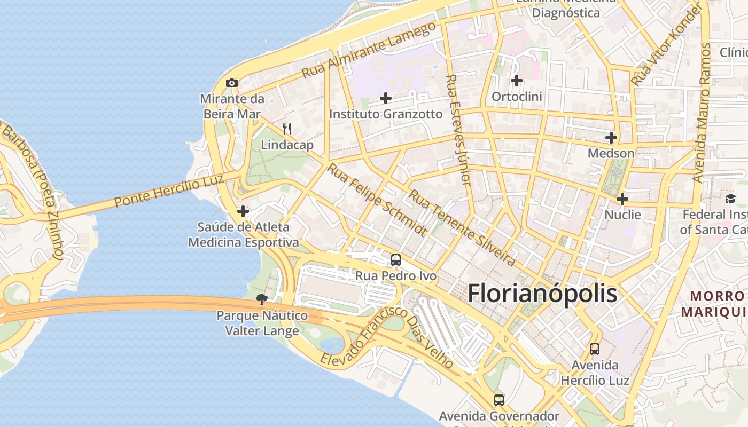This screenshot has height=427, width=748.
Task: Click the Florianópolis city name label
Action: coord(542,294)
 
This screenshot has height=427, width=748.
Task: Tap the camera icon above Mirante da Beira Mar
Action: coord(232,83)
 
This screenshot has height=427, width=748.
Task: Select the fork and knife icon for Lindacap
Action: coord(287,129)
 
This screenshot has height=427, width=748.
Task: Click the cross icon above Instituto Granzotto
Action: coord(385,98)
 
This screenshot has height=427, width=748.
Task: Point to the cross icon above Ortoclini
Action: coord(516,81)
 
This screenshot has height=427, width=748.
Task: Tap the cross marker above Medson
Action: coord(611,138)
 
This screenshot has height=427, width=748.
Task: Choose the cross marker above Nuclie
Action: coord(622,199)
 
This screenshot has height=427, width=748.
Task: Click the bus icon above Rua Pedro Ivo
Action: coord(395,260)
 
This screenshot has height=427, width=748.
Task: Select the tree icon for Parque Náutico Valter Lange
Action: coord(261,299)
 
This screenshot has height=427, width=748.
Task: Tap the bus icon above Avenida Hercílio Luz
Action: coord(594,349)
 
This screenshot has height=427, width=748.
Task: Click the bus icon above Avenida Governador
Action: coord(498,400)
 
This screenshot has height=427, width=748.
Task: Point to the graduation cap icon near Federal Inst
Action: coord(730,199)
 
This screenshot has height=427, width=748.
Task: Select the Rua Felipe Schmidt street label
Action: coord(377,200)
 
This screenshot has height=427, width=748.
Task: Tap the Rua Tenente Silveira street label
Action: coord(462,228)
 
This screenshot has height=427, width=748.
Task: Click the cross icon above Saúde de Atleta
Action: coord(243,211)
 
